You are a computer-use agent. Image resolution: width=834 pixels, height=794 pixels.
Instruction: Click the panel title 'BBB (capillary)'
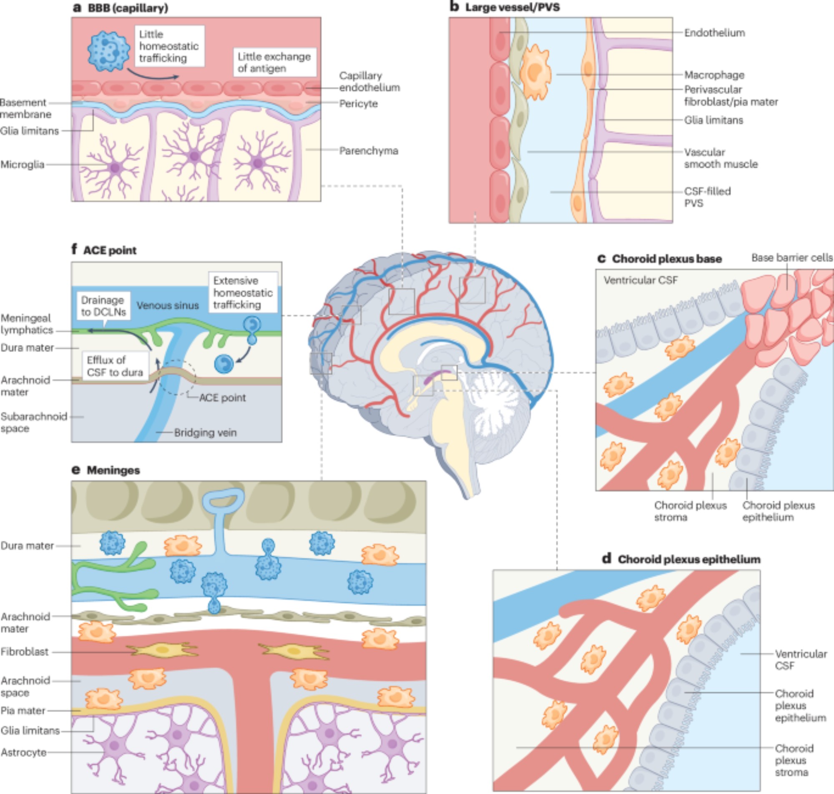128,8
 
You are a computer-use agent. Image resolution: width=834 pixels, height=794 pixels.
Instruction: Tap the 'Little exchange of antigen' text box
274,62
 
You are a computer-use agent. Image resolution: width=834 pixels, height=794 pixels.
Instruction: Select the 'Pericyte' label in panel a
358,104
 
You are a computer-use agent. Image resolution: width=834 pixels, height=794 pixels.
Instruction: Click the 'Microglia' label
23,164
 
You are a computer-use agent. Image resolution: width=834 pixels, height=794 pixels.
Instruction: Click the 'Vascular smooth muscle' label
721,158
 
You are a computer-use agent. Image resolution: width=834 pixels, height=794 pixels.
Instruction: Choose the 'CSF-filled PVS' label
707,197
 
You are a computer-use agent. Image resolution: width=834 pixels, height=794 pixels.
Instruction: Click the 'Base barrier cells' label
792,258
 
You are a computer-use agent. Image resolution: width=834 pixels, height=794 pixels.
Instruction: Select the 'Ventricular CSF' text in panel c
641,280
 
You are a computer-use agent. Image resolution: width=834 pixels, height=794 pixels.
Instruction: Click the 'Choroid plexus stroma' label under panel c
690,511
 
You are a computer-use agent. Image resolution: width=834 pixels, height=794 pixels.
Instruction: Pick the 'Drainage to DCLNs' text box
103,306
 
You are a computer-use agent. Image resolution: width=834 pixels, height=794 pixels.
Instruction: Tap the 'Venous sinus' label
167,305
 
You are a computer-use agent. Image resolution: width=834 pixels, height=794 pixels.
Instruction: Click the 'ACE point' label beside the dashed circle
222,398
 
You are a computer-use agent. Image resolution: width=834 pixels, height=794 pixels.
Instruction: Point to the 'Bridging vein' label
206,432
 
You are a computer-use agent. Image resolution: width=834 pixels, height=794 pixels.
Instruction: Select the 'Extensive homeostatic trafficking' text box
243,292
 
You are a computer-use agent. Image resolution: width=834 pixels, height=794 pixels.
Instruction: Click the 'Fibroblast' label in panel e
25,652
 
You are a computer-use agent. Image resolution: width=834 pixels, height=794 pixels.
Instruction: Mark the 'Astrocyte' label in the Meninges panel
24,752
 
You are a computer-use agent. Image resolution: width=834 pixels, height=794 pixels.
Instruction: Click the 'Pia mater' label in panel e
23,711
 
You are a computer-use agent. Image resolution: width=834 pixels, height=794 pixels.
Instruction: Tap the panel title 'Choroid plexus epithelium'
689,559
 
